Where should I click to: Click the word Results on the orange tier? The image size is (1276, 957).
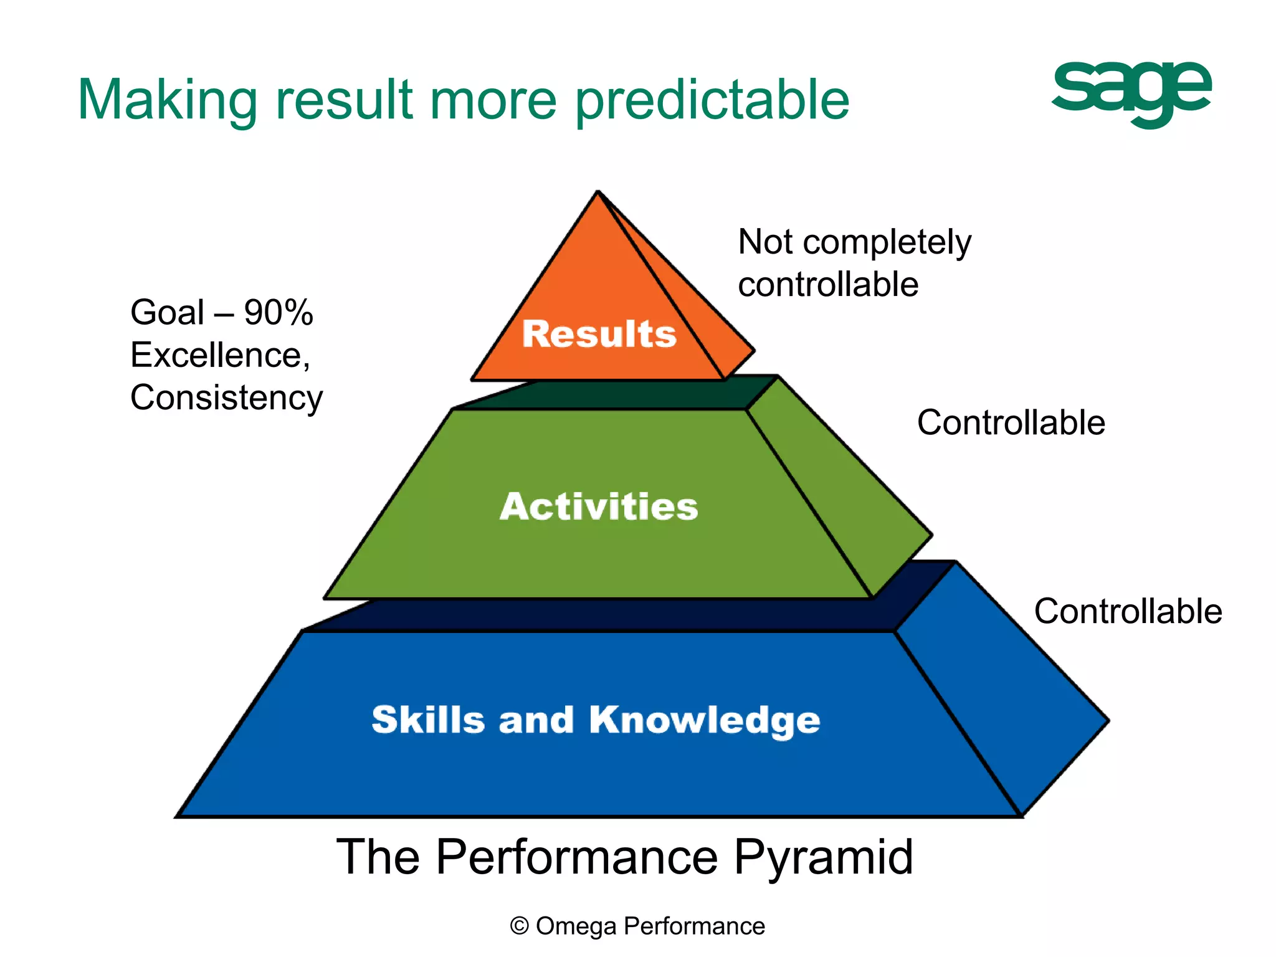[x=599, y=334]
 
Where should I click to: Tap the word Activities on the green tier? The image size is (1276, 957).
[x=599, y=506]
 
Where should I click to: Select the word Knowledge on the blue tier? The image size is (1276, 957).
[x=704, y=720]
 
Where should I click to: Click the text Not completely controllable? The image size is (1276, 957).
[x=854, y=263]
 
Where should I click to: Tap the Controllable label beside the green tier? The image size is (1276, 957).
[x=1011, y=422]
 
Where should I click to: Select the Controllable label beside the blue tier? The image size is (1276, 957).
[x=1128, y=611]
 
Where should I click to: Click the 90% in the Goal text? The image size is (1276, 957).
[x=279, y=312]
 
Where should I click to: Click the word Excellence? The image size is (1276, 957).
[x=219, y=355]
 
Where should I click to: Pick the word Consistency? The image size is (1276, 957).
[x=226, y=398]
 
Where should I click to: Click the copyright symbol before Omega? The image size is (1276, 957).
[x=519, y=926]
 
